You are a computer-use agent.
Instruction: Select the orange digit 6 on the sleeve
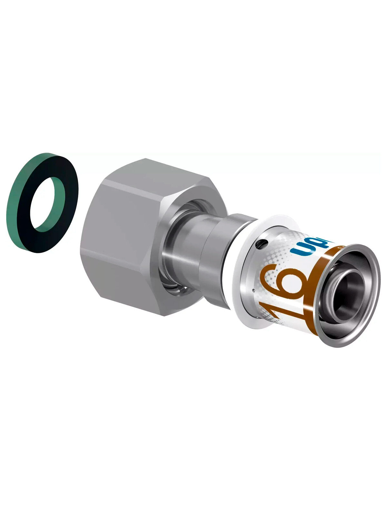[284, 283]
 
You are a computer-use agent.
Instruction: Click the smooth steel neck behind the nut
[190, 257]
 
